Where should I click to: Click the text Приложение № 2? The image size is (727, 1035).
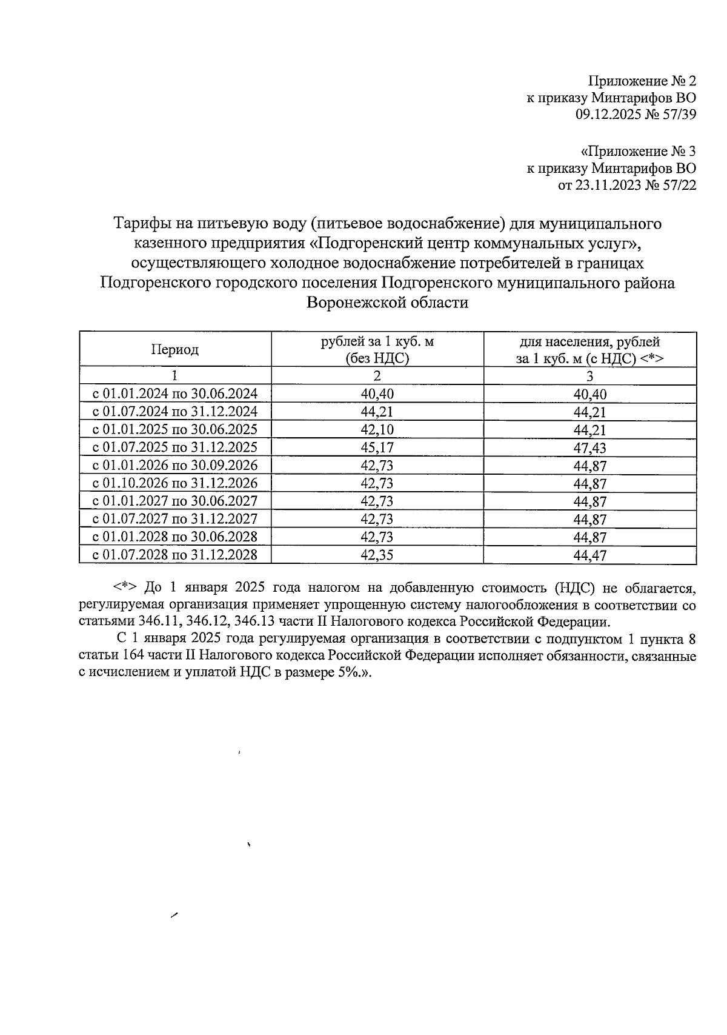point(642,81)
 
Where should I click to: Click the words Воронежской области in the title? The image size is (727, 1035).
point(387,303)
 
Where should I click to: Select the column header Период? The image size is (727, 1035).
point(174,350)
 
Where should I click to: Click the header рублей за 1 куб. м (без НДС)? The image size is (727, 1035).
point(377,350)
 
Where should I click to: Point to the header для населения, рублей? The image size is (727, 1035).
point(589,342)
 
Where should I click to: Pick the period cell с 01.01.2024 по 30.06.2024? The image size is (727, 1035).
point(174,394)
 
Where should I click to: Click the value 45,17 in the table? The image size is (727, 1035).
point(377,447)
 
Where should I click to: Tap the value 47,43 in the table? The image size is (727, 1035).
point(589,448)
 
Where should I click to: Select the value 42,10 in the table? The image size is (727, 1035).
point(377,429)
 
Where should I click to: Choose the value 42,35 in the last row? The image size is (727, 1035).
point(377,555)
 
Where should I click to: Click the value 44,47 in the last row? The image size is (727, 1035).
point(589,555)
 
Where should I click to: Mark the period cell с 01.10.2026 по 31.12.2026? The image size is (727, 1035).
point(174,483)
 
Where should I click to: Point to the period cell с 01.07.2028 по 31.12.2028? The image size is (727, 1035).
point(174,555)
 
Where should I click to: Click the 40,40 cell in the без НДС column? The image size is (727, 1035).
point(377,394)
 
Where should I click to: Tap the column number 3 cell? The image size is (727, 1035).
point(589,377)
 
